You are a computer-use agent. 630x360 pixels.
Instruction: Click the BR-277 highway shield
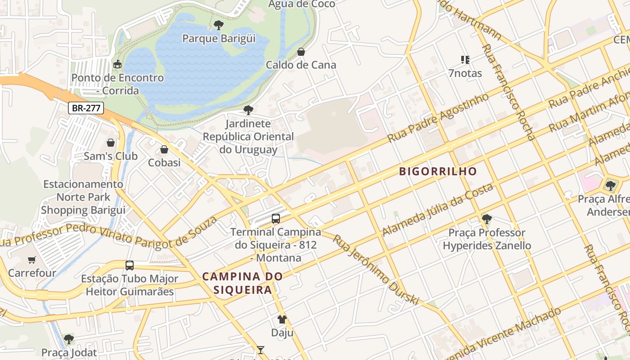tap(86, 108)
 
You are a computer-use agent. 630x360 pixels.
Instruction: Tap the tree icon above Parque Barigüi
tap(219, 25)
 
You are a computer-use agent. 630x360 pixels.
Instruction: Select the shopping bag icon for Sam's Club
tap(111, 143)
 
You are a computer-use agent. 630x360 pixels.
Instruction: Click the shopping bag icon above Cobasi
tap(164, 149)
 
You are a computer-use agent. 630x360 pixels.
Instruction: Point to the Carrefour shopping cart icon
tap(32, 260)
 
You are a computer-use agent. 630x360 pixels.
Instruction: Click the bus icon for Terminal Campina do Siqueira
tap(276, 219)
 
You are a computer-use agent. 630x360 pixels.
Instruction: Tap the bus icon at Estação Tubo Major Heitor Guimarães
tap(130, 265)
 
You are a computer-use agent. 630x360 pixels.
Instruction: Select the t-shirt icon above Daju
tap(282, 319)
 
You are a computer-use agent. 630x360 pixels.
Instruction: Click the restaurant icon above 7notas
tap(465, 59)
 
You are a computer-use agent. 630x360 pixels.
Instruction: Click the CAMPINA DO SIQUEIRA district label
tap(243, 283)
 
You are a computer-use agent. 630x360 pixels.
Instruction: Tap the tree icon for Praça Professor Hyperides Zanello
tap(486, 219)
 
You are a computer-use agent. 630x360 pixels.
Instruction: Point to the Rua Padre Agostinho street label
tap(438, 117)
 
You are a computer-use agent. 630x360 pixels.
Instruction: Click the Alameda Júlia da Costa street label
tap(437, 210)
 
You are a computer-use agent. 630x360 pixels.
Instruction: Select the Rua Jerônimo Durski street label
tap(376, 269)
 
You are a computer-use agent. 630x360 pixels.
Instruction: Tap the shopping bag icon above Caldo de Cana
tap(301, 52)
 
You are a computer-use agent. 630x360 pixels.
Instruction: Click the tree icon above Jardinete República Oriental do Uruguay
tap(248, 110)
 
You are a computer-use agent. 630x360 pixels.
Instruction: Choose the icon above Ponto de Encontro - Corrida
tap(117, 64)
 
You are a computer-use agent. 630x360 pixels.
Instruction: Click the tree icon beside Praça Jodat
tap(68, 339)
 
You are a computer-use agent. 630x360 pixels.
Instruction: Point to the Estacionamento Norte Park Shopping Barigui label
tap(83, 197)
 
